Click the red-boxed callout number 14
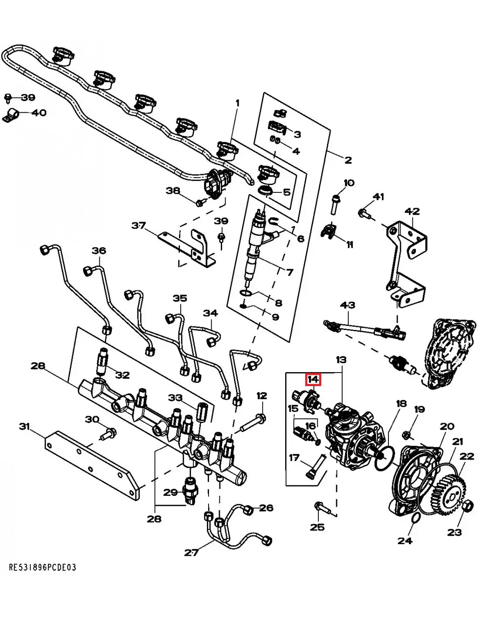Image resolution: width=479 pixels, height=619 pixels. point(313,380)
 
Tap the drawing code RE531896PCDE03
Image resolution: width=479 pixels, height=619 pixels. point(43,568)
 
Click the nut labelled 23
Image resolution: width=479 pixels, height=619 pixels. point(467,506)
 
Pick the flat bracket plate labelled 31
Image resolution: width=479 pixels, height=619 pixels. point(87,457)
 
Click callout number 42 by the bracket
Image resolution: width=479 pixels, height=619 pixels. point(412,212)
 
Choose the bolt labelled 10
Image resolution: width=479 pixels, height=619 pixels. point(334,203)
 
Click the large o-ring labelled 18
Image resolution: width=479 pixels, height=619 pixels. point(384,458)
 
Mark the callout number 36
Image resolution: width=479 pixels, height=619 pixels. point(99,251)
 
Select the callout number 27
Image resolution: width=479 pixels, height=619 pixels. point(191,552)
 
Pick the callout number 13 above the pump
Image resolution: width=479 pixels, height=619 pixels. point(341,360)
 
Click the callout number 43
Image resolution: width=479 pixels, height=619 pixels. point(347,305)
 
